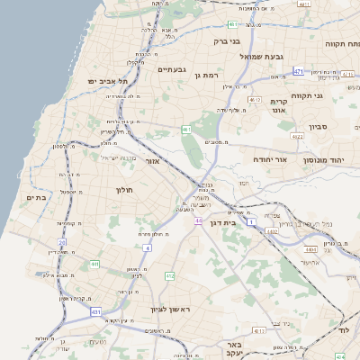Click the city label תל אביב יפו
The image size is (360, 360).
coord(108,81)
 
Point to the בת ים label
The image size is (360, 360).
coord(36,198)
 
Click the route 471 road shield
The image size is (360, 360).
coord(298,70)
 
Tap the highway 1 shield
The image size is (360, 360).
coord(253,220)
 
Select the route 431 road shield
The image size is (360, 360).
coord(95,311)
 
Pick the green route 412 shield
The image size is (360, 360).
coord(169,275)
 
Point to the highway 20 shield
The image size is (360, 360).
coord(62,242)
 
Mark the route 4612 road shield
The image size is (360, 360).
coord(255,100)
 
